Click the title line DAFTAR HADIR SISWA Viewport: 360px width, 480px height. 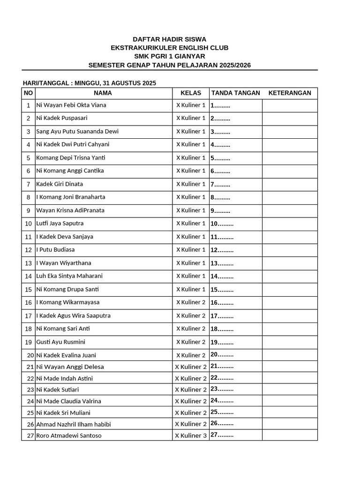pyautogui.click(x=169, y=39)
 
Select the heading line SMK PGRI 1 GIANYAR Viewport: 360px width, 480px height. pyautogui.click(x=169, y=56)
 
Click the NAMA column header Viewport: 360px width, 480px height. pyautogui.click(x=103, y=93)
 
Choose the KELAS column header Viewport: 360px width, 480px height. pyautogui.click(x=190, y=93)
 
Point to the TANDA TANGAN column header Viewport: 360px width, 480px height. pyautogui.click(x=235, y=93)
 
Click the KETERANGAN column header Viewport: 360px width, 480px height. pyautogui.click(x=290, y=93)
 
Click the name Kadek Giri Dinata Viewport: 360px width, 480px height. pyautogui.click(x=60, y=184)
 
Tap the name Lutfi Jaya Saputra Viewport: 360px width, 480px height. pyautogui.click(x=60, y=223)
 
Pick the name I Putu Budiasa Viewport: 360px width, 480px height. pyautogui.click(x=55, y=249)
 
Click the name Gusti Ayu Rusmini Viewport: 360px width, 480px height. pyautogui.click(x=60, y=342)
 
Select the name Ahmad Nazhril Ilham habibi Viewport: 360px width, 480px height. pyautogui.click(x=74, y=424)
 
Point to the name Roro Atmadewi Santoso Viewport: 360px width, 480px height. pyautogui.click(x=69, y=435)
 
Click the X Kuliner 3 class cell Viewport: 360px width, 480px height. pyautogui.click(x=191, y=435)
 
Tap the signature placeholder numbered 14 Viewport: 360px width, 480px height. pyautogui.click(x=222, y=276)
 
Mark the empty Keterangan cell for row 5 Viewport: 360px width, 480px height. pyautogui.click(x=290, y=157)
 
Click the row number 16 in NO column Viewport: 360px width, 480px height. pyautogui.click(x=29, y=302)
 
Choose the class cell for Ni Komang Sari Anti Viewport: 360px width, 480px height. pyautogui.click(x=191, y=329)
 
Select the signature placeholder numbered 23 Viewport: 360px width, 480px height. pyautogui.click(x=222, y=389)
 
